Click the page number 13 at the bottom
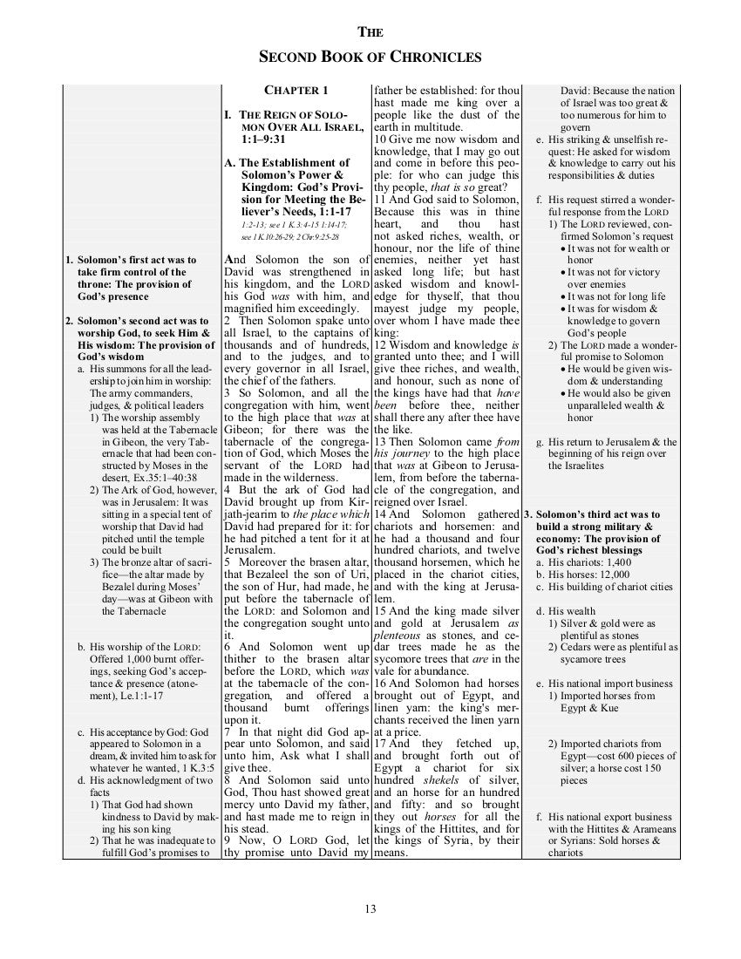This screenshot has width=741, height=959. pos(370,910)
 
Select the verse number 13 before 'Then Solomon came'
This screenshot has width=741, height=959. pos(380,443)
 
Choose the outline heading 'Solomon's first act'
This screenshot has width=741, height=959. pos(136,260)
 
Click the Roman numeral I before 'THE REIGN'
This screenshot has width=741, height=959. pos(227,115)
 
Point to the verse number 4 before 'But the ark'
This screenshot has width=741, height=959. pos(228,490)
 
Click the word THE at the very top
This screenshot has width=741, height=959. pos(370,33)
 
